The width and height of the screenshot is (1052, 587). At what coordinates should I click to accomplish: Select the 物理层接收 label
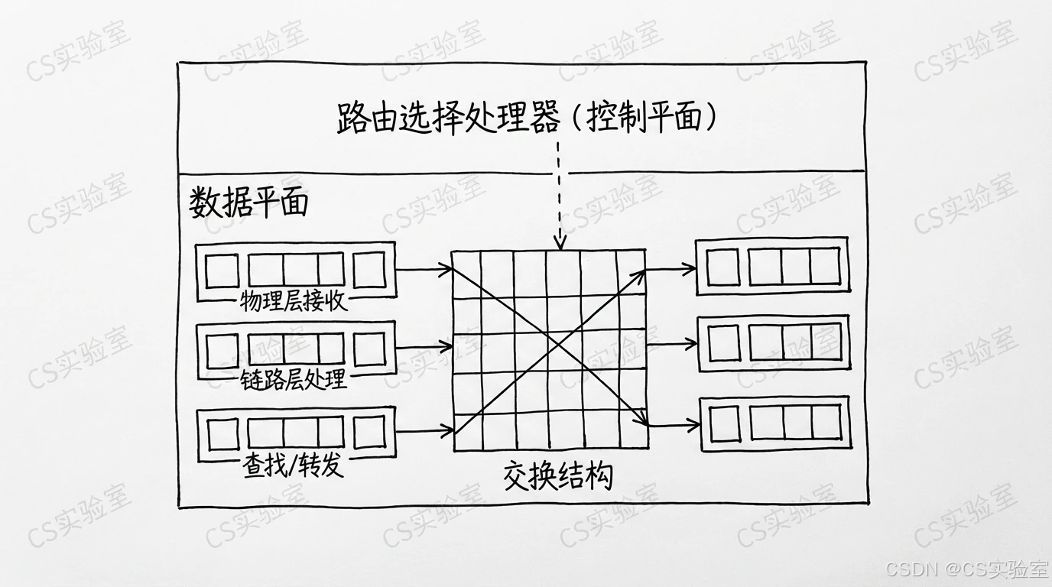click(294, 300)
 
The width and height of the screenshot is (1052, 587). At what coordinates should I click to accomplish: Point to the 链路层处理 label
click(294, 378)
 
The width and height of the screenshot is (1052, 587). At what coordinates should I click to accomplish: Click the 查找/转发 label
click(294, 465)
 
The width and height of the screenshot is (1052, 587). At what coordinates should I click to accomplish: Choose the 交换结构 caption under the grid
click(558, 475)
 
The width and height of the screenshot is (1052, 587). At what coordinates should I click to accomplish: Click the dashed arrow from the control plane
click(560, 195)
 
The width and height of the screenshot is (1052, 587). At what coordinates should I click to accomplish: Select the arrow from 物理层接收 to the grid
click(424, 269)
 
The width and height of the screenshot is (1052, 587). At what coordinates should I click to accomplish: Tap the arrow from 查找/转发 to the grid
click(424, 432)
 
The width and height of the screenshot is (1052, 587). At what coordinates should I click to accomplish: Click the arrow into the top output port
click(671, 268)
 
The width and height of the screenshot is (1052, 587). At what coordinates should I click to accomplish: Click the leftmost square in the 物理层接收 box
click(222, 270)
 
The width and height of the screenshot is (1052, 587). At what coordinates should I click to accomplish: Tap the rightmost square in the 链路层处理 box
click(369, 349)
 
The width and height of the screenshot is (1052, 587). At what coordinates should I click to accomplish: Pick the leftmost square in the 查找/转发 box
click(222, 433)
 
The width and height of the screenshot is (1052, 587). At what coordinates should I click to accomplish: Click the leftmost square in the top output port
click(722, 267)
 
